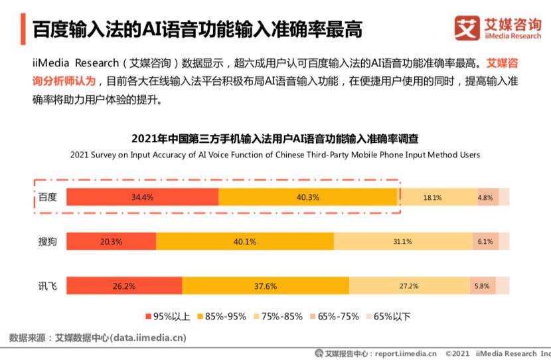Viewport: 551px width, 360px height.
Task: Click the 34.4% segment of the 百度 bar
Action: pos(142,197)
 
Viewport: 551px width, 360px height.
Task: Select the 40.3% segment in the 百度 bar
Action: pos(308,197)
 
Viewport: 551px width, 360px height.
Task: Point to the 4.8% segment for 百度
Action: pos(486,197)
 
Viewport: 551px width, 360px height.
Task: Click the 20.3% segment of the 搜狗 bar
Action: pos(111,242)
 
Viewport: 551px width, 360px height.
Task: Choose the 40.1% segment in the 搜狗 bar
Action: pos(244,242)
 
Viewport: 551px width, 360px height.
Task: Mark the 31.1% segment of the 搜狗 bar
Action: pos(402,242)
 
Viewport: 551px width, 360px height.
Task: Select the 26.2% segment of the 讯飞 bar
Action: pos(124,286)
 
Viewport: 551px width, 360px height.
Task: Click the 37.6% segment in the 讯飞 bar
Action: pos(266,286)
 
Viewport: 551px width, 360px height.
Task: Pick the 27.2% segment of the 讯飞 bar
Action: pos(409,286)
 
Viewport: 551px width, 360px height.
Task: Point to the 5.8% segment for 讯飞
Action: pos(482,286)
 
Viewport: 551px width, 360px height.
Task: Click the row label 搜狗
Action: pos(47,242)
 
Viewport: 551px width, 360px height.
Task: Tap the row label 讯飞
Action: pos(47,286)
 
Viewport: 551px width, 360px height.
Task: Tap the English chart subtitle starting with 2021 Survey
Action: pos(275,155)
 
